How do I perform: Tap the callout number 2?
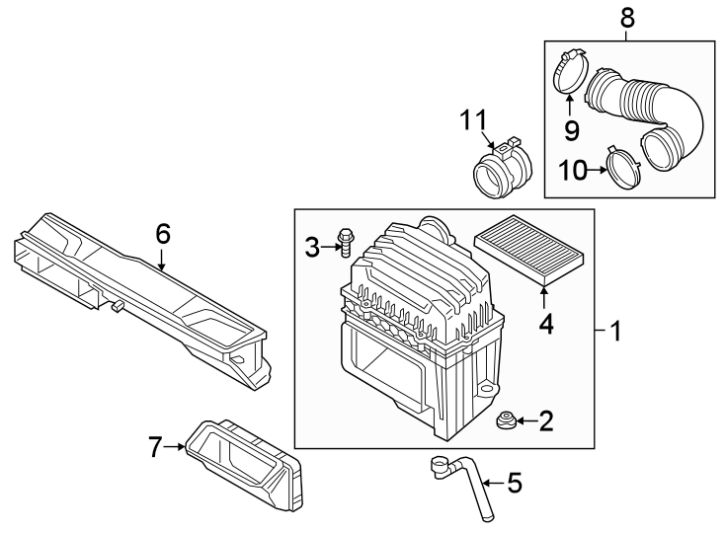click(x=545, y=422)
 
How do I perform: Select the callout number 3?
click(x=312, y=247)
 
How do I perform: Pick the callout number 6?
click(x=163, y=234)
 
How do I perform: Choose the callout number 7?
click(x=155, y=447)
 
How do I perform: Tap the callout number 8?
click(x=627, y=17)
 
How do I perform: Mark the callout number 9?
click(x=572, y=129)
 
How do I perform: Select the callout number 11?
click(x=473, y=121)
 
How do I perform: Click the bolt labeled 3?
click(x=345, y=241)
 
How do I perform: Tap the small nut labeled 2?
click(x=504, y=422)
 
